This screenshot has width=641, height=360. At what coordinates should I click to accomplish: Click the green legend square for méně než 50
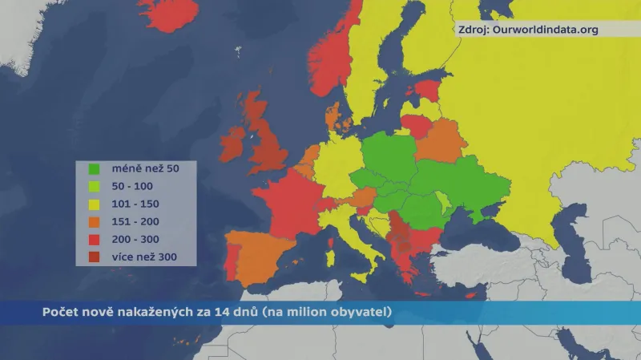click(x=94, y=169)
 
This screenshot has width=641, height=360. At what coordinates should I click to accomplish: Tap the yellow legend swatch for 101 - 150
click(x=94, y=204)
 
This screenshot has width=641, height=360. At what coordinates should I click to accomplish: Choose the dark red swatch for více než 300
click(x=94, y=257)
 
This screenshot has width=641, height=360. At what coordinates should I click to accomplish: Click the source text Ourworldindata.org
click(x=545, y=30)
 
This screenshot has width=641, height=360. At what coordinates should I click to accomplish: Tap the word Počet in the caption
click(x=59, y=312)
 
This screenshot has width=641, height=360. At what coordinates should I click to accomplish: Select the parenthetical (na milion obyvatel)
click(x=326, y=312)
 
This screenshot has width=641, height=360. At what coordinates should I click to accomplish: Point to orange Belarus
click(x=439, y=141)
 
